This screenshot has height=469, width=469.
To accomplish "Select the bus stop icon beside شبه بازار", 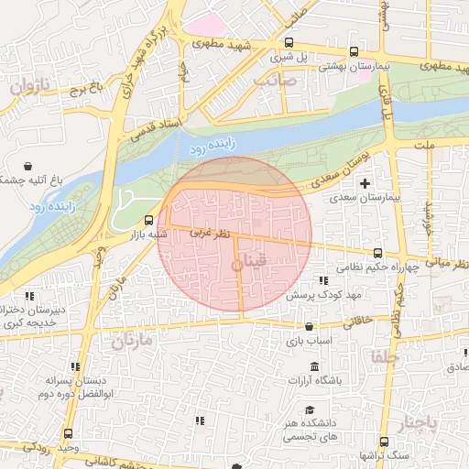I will click(x=149, y=220).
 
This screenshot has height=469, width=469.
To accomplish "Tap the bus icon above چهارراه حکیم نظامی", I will click(x=377, y=253).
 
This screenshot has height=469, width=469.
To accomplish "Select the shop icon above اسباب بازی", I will click(x=307, y=326).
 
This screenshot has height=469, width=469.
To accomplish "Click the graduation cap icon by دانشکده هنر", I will click(x=311, y=409).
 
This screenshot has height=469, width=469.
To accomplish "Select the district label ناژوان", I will click(x=27, y=88).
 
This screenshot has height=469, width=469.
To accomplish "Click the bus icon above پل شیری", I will click(x=289, y=42).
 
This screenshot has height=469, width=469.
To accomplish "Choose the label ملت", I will click(x=423, y=145).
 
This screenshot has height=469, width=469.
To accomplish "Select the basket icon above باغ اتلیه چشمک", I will click(x=30, y=167).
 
